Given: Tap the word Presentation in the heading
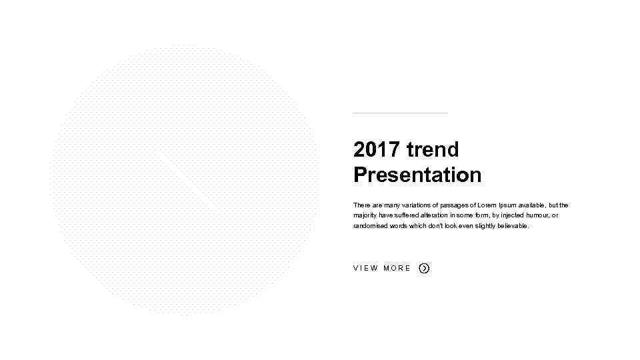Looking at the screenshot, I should click(x=417, y=175).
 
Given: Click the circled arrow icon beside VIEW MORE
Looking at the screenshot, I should click(x=424, y=268).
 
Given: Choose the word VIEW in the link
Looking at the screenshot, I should click(x=365, y=268).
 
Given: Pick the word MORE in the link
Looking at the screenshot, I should click(x=397, y=268).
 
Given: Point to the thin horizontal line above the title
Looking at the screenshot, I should click(x=400, y=113).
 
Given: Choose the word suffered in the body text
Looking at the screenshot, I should click(x=409, y=215).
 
